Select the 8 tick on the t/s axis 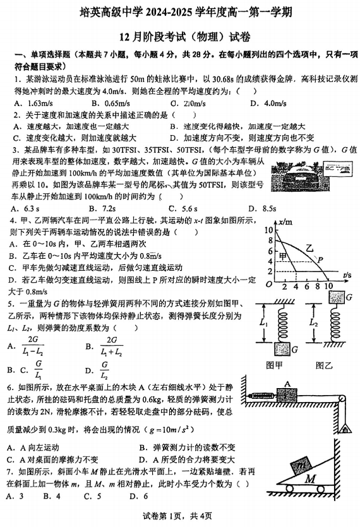[316, 287]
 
